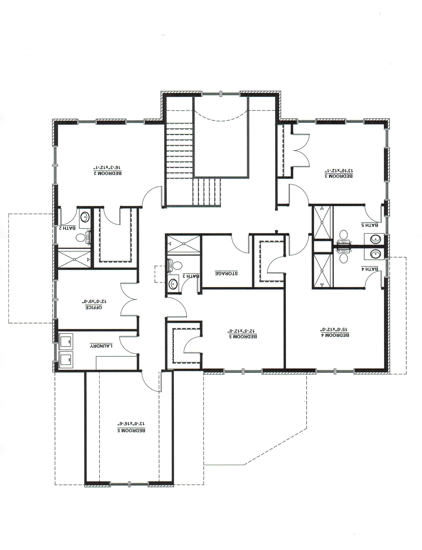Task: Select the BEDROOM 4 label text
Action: (336, 335)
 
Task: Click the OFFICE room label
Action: (94, 307)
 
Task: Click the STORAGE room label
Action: (226, 273)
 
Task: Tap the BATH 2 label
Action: (67, 228)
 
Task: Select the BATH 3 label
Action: (191, 276)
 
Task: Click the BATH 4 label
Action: (370, 269)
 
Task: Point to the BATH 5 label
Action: (370, 225)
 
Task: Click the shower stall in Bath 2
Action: (74, 259)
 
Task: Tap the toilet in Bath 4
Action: (343, 258)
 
